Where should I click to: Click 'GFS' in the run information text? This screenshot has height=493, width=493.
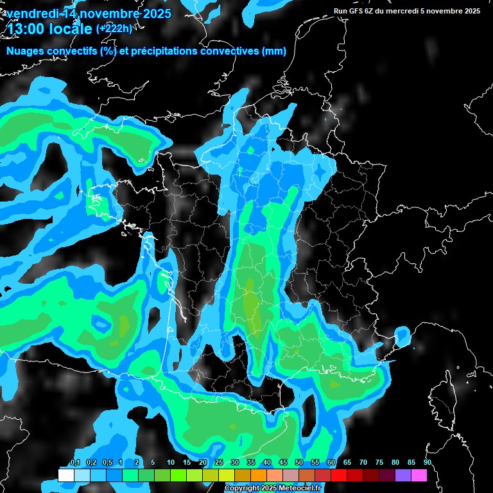[358, 11]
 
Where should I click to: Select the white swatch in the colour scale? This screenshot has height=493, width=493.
[65, 476]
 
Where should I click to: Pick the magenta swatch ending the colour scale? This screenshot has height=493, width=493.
[419, 476]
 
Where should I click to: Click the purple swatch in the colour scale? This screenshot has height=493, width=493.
[403, 476]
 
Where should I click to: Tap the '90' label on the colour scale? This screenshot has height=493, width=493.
[428, 462]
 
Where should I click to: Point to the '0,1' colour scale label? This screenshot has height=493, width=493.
[74, 462]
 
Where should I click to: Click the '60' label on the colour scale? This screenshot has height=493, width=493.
[331, 462]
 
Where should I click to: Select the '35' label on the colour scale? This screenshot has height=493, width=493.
[251, 462]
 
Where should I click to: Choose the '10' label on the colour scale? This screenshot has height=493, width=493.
[171, 462]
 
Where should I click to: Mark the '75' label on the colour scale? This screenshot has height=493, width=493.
[379, 462]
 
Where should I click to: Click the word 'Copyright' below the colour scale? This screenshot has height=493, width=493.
[243, 489]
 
